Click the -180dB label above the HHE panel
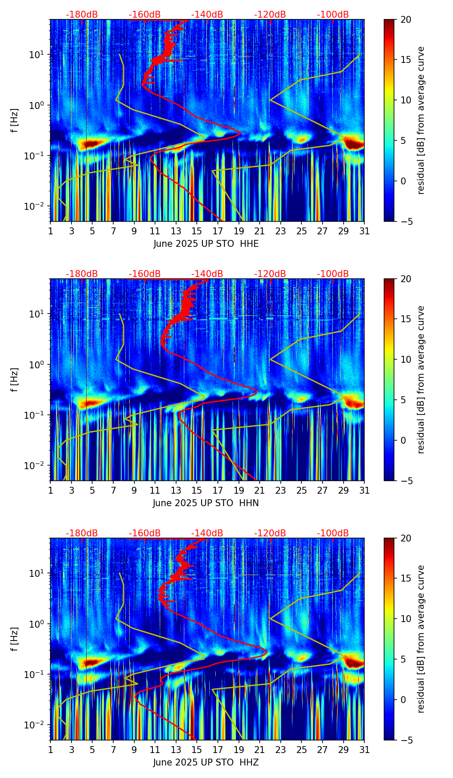coord(82,15)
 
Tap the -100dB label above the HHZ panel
coord(333,533)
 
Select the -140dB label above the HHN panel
coord(207,274)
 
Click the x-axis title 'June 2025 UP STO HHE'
coord(206,244)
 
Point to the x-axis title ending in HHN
coord(206,503)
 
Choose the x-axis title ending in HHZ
coord(206,762)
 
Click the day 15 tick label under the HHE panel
coord(197,231)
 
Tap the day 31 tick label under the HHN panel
coord(364,490)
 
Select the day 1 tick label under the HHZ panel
coord(51,750)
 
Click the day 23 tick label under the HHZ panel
coord(280,750)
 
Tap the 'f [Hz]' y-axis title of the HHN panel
coord(14,380)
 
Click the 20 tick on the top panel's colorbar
coord(406,20)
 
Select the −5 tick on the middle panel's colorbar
coord(406,480)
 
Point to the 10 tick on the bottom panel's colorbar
coord(406,619)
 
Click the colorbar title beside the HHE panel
coord(421,120)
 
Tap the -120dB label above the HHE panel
coord(270,15)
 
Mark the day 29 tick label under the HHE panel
coord(343,231)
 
